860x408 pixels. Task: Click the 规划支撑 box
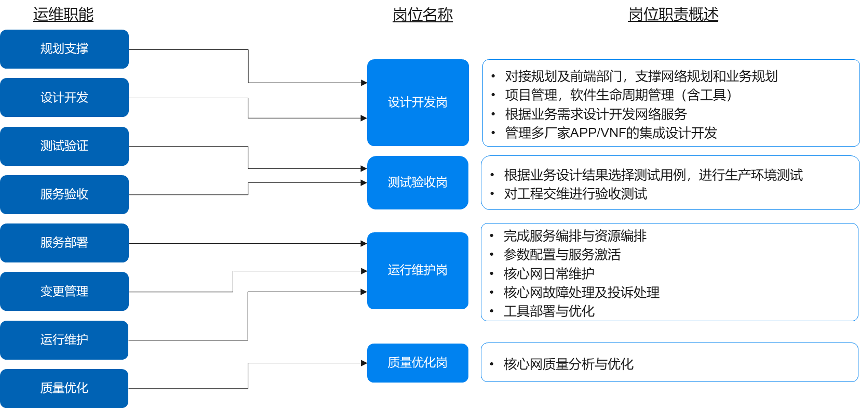64,49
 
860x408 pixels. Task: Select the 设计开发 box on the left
64,97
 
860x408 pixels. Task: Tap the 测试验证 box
64,146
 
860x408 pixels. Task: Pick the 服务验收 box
64,194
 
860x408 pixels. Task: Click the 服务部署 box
64,243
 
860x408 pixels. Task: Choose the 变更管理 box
64,291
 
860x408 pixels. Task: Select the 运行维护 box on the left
64,340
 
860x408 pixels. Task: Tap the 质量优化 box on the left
64,388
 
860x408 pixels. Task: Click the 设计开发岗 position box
418,102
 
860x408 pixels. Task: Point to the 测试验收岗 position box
418,182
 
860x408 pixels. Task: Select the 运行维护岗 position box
418,270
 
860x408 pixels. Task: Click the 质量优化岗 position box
418,363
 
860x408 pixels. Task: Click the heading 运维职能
63,15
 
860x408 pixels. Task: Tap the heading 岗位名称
422,15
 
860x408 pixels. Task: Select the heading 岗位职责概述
673,15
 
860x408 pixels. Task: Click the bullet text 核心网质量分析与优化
568,364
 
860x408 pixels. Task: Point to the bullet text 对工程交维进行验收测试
575,194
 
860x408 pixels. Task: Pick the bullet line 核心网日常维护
549,273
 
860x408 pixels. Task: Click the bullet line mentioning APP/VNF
611,133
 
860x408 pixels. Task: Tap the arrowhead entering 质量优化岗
365,363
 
